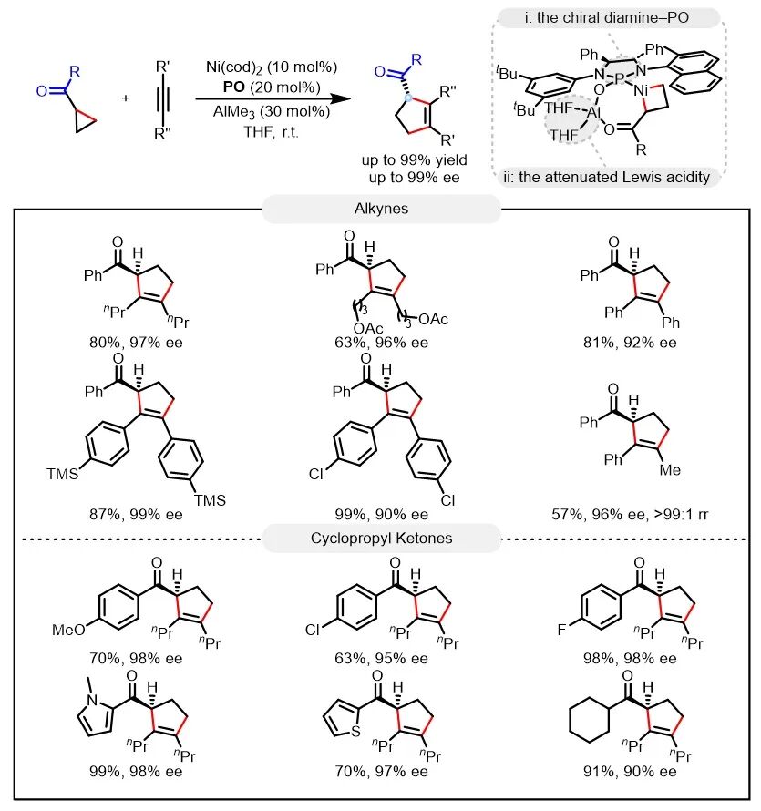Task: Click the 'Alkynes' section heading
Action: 381,209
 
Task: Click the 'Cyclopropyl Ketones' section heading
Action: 381,538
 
